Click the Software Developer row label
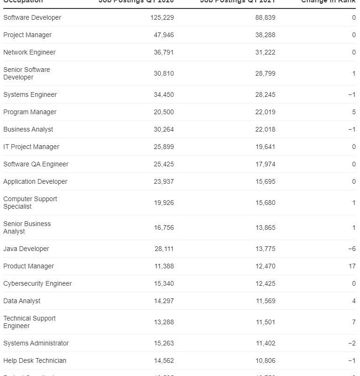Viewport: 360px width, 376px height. pos(32,17)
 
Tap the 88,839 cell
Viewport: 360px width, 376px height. pos(266,17)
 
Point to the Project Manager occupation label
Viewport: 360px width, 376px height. pos(27,35)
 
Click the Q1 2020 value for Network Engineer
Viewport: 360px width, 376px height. pos(164,52)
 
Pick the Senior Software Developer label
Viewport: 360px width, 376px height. pos(26,73)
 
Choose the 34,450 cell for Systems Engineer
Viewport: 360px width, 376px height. pos(164,94)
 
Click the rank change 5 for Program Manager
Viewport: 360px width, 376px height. pos(354,112)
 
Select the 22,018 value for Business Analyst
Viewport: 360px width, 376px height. pos(266,129)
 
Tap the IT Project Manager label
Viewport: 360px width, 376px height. pos(31,147)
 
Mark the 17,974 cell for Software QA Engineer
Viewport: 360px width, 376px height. pos(266,164)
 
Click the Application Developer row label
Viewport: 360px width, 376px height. pos(35,181)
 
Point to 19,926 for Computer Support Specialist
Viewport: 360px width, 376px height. pos(164,203)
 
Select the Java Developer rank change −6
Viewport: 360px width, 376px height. pos(352,249)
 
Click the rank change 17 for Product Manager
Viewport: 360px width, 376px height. pos(352,266)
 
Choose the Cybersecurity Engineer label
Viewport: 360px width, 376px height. pos(38,283)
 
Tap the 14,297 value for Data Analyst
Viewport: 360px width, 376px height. pos(164,301)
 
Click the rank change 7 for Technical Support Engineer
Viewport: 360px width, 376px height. pos(354,322)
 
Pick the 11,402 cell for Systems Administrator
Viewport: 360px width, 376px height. pos(266,343)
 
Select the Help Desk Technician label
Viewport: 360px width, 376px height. pos(35,360)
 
